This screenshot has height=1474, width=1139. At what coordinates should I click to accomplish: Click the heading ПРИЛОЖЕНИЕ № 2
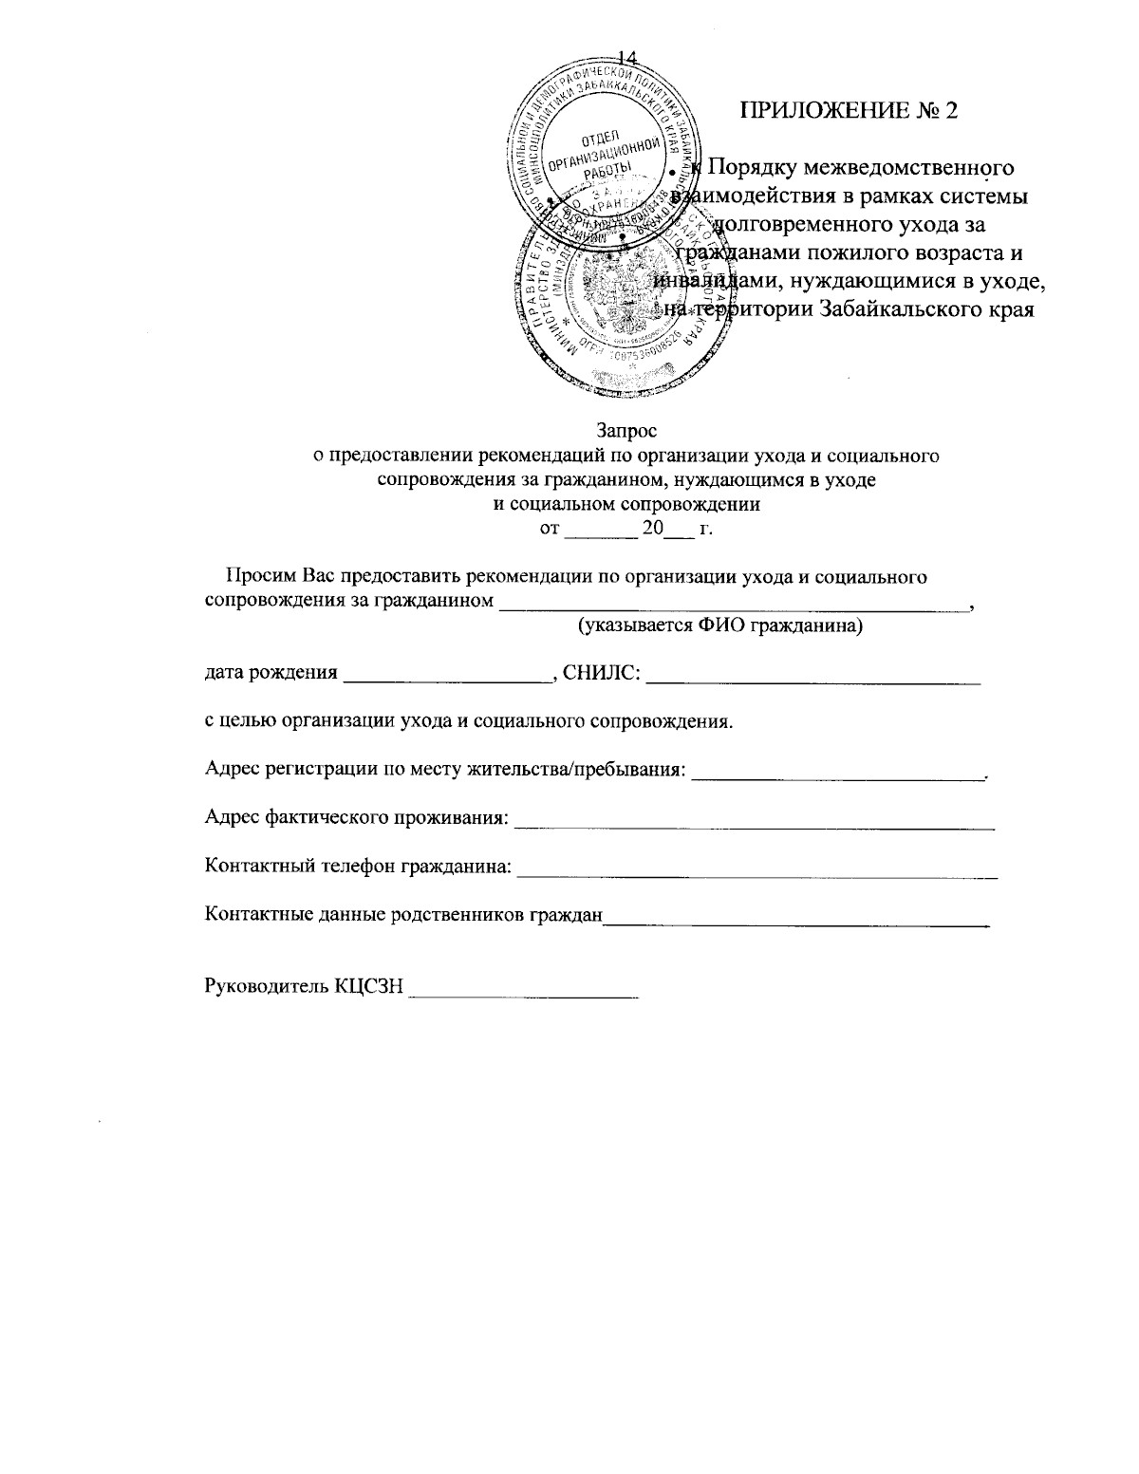[x=850, y=110]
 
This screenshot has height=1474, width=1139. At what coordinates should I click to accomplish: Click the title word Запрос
[x=627, y=431]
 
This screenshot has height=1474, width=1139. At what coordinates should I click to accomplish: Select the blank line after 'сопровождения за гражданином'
[x=735, y=605]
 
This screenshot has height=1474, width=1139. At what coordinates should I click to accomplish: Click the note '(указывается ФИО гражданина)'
[x=720, y=626]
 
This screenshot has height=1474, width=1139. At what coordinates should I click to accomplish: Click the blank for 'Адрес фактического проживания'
[x=754, y=826]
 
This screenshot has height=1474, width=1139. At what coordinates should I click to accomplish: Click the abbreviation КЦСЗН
[x=368, y=987]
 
